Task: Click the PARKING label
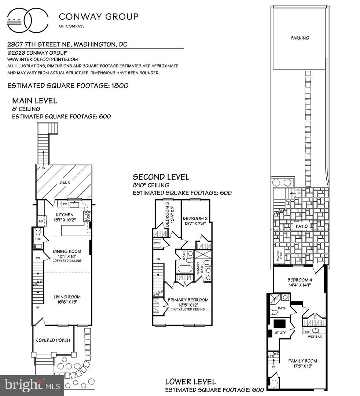coord(300,38)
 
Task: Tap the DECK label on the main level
coord(65,182)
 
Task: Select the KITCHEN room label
coord(65,214)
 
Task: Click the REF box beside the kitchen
coord(40,221)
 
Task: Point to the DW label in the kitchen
coord(65,203)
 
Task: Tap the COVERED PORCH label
coord(53,340)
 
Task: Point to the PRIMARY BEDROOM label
coord(188,300)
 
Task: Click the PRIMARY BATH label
coord(198,268)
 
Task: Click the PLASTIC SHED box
coord(278,255)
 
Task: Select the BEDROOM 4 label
coord(300,280)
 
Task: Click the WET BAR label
coord(315,336)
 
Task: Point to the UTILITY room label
coord(280,333)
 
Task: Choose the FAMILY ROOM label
coord(300,360)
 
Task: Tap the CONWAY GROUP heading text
coord(99,16)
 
